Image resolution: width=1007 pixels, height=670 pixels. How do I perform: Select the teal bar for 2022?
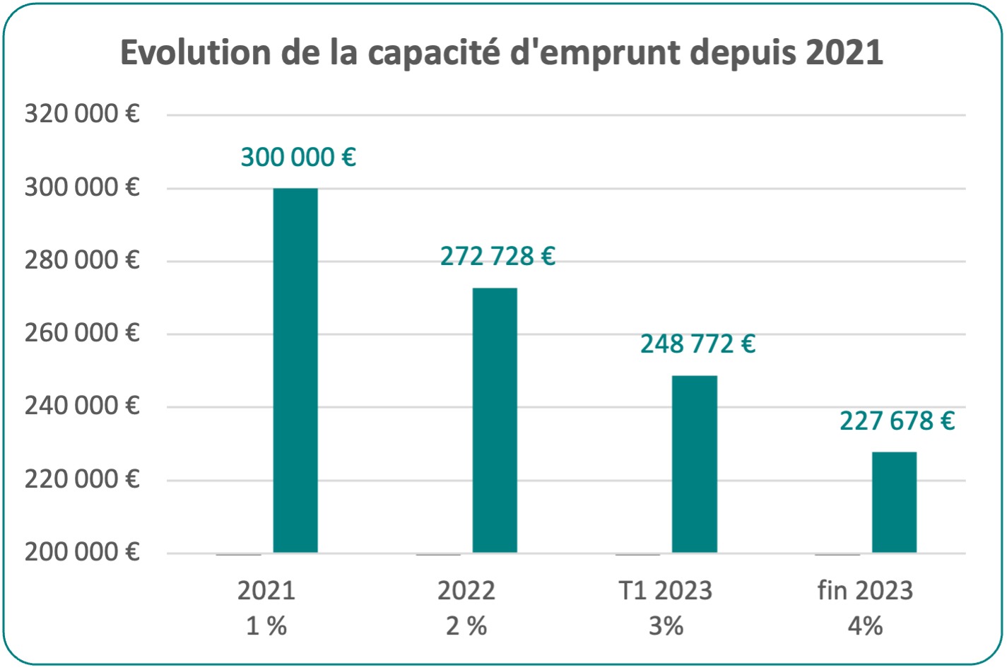pyautogui.click(x=495, y=420)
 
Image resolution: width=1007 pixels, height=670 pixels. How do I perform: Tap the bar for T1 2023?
pyautogui.click(x=694, y=464)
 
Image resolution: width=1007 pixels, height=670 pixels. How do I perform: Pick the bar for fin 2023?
pyautogui.click(x=894, y=502)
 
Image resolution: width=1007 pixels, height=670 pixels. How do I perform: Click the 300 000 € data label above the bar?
pyautogui.click(x=298, y=157)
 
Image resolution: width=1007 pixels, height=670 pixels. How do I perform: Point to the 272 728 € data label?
pyautogui.click(x=497, y=256)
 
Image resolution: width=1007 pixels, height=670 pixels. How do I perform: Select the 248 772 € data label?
pyautogui.click(x=697, y=344)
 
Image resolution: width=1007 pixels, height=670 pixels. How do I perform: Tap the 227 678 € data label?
pyautogui.click(x=897, y=421)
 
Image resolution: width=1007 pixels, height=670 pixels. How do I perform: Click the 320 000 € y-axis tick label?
pyautogui.click(x=82, y=114)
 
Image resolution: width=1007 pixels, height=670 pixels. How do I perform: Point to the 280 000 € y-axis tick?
pyautogui.click(x=82, y=260)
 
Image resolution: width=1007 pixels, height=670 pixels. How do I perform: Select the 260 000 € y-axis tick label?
pyautogui.click(x=82, y=333)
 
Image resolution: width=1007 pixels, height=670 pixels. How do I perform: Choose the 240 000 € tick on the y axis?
pyautogui.click(x=82, y=406)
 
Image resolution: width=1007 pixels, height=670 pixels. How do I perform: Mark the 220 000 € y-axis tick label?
pyautogui.click(x=82, y=479)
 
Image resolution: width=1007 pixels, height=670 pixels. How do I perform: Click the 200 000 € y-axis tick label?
pyautogui.click(x=82, y=552)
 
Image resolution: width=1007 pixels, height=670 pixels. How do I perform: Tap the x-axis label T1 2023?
pyautogui.click(x=666, y=590)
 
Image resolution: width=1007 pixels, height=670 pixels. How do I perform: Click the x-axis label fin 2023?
pyautogui.click(x=865, y=590)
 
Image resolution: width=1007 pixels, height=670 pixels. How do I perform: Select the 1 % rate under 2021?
pyautogui.click(x=266, y=625)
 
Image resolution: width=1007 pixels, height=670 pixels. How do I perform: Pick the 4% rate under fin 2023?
pyautogui.click(x=865, y=625)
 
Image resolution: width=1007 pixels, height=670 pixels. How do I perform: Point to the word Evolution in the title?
pyautogui.click(x=195, y=53)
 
